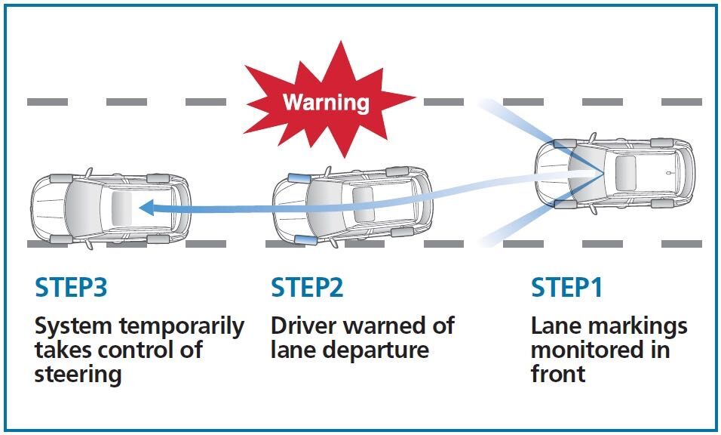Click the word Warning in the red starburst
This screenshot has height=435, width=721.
pos(326,102)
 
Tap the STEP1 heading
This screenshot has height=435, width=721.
pos(567,288)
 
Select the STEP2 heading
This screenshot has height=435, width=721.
pos(307,288)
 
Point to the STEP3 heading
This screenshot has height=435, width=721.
pos(71,288)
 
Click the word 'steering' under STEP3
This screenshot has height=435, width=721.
pos(78,374)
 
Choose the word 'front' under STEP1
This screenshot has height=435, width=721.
pos(558,374)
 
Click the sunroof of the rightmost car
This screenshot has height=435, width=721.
pos(627,170)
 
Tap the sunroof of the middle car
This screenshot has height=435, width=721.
pos(364,203)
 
